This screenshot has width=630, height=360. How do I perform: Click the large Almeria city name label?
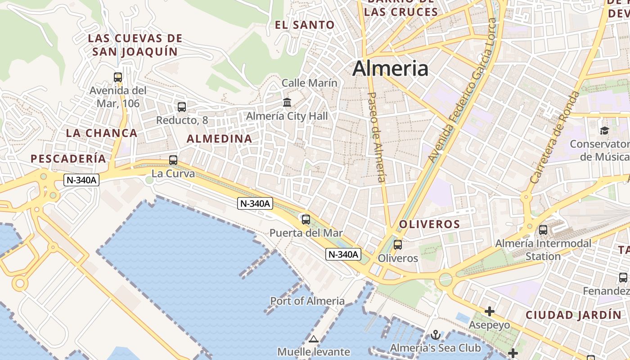390,68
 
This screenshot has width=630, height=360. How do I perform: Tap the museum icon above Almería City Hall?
287,102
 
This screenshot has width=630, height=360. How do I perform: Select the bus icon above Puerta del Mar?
306,220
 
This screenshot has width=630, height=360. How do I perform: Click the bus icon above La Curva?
173,160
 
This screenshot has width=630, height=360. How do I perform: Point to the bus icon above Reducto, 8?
182,107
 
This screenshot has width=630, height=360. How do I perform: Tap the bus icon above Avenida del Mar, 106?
118,77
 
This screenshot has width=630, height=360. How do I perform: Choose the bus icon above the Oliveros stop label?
398,245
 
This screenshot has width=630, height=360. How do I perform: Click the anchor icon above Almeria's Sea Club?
435,335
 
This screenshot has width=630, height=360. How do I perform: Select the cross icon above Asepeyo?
490,311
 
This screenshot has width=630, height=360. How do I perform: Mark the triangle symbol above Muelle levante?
314,338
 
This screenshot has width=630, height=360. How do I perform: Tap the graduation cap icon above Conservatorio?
604,130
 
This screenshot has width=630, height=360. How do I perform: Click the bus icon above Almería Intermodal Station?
543,230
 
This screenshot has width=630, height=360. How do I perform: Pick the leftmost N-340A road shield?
81,180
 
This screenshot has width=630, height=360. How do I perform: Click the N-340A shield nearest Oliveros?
343,254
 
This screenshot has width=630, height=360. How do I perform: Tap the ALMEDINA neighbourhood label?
219,139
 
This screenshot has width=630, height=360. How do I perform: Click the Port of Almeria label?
307,301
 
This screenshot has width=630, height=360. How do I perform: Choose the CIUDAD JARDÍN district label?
573,315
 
